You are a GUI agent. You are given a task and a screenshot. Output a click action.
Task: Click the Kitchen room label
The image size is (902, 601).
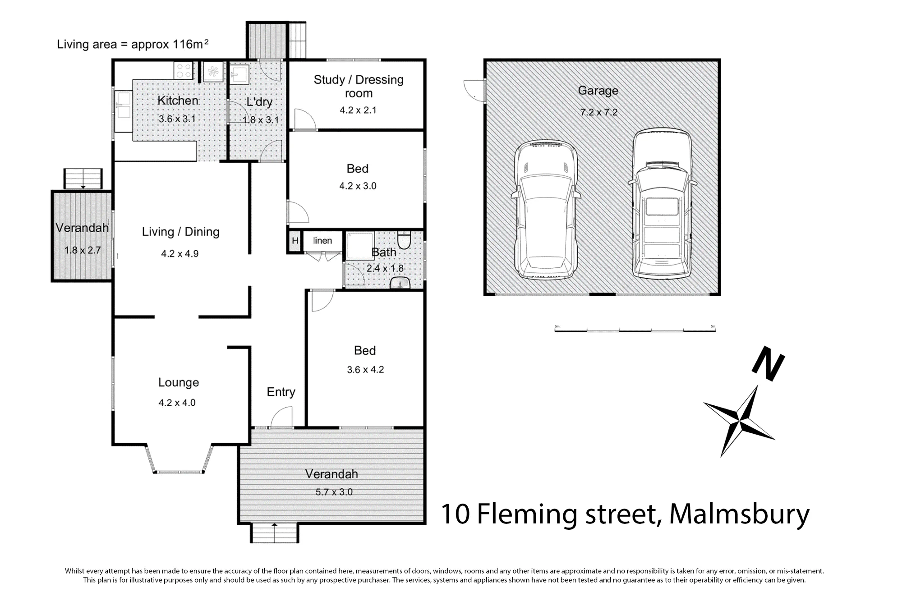(x=178, y=100)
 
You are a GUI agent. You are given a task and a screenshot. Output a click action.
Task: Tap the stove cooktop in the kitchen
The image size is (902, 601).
(x=184, y=71)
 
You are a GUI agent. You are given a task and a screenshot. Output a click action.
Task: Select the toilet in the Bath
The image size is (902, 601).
(x=404, y=240)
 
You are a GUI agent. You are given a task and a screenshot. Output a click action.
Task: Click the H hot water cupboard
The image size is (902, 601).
(x=295, y=241)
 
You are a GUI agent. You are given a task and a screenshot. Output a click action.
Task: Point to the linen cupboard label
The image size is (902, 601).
(x=322, y=240)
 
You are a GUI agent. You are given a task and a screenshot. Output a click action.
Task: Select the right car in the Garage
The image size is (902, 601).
(x=662, y=203)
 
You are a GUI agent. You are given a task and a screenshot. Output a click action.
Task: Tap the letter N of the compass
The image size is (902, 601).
(x=768, y=363)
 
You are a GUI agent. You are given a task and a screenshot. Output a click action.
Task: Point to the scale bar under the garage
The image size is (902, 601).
(x=635, y=330)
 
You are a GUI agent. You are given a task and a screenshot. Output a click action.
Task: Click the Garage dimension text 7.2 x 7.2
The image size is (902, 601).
(x=599, y=112)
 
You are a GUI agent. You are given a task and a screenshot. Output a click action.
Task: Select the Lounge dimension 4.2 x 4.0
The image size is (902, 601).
(x=177, y=403)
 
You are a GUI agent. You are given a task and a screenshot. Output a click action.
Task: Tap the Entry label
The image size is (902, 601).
(x=281, y=392)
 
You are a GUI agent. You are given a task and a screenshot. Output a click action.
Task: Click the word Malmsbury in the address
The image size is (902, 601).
(x=739, y=514)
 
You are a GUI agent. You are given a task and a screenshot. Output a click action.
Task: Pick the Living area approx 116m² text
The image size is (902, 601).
(x=133, y=44)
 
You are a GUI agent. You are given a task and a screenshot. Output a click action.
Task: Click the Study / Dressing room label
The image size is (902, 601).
(x=359, y=86)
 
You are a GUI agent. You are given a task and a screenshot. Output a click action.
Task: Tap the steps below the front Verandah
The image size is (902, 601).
(x=274, y=533)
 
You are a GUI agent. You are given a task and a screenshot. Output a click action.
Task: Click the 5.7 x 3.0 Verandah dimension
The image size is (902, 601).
(x=334, y=492)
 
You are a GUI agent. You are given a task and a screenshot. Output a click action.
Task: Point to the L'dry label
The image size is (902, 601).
(x=259, y=102)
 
